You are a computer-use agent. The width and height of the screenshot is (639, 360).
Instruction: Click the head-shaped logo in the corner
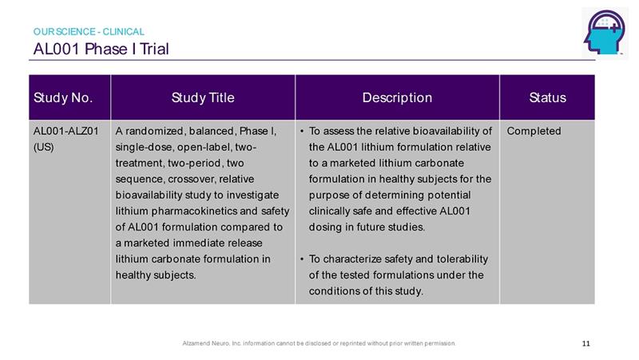pyautogui.click(x=605, y=33)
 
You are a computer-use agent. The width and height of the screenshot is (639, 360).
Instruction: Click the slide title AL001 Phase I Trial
pyautogui.click(x=101, y=49)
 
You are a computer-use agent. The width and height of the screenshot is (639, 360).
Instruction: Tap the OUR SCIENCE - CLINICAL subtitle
pyautogui.click(x=89, y=31)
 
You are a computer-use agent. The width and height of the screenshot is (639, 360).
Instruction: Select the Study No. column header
pyautogui.click(x=63, y=97)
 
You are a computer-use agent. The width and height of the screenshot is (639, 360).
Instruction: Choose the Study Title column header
pyautogui.click(x=203, y=97)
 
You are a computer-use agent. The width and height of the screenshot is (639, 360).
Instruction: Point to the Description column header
pyautogui.click(x=397, y=97)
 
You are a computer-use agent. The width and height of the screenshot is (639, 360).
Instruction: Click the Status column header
pyautogui.click(x=548, y=97)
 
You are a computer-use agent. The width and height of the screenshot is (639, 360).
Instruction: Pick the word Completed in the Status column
pyautogui.click(x=534, y=131)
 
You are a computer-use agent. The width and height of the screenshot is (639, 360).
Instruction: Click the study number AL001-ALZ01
pyautogui.click(x=66, y=131)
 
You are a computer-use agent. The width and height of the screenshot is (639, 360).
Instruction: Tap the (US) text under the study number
pyautogui.click(x=44, y=147)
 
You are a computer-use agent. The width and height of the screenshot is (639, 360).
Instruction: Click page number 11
pyautogui.click(x=586, y=343)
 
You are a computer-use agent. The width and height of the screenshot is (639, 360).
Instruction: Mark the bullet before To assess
pyautogui.click(x=302, y=131)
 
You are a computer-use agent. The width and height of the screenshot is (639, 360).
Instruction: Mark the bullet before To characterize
pyautogui.click(x=302, y=259)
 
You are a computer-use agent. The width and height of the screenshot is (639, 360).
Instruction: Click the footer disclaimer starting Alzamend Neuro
pyautogui.click(x=319, y=343)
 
